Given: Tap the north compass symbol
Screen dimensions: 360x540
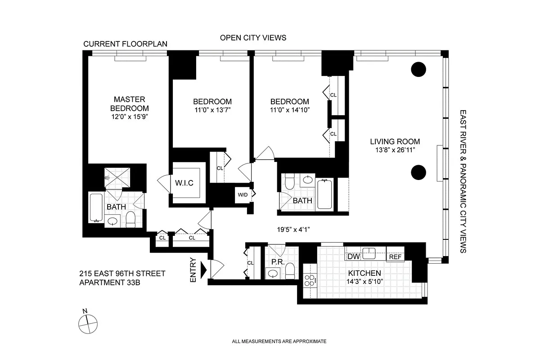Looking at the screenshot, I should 88,322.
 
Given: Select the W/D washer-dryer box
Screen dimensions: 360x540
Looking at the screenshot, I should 243,195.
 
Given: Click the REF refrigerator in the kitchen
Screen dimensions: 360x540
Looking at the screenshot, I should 395,257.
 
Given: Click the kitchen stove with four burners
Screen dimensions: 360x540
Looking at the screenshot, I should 309,281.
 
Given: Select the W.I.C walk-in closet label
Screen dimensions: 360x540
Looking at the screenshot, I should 184,183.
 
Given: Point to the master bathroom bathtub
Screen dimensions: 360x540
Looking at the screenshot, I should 96,207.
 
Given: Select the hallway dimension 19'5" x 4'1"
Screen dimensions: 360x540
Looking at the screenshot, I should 294,229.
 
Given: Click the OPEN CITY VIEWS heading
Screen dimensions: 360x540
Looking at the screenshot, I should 253,38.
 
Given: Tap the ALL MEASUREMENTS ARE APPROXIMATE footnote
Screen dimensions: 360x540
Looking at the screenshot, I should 279,342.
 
